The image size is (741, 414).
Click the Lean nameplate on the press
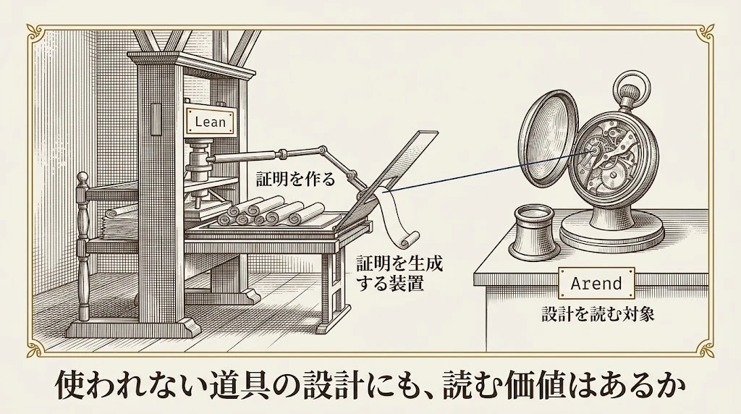click(x=211, y=121)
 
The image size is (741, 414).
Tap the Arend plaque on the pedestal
click(x=596, y=284)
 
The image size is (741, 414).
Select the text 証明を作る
click(x=295, y=179)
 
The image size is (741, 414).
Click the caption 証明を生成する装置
click(x=399, y=274)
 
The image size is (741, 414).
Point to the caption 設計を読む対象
click(x=598, y=314)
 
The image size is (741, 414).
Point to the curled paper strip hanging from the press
click(x=396, y=217)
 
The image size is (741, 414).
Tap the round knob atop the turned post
click(x=83, y=178)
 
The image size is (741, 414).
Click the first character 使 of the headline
click(x=72, y=387)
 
